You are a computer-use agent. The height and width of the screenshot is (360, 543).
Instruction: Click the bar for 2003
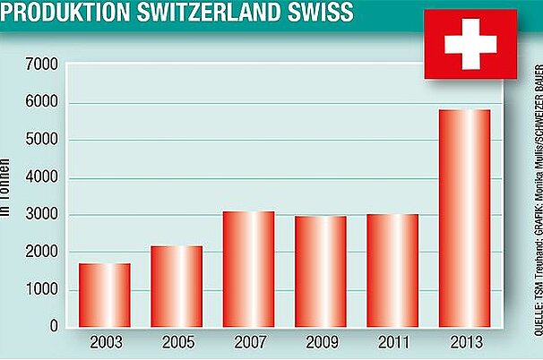point(104,296)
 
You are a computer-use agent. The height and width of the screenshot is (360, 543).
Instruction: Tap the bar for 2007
point(247,270)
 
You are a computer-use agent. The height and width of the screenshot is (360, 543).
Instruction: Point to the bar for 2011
point(392,271)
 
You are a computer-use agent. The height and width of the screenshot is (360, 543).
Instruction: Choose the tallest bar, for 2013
point(464,219)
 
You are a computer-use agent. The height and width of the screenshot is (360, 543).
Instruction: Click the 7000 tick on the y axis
point(41,64)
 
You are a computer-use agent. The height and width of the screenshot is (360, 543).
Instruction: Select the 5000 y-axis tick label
point(41,140)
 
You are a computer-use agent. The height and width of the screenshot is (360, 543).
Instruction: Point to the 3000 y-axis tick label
point(41,215)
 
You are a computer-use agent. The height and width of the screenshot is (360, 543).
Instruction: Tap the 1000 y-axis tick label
point(41,290)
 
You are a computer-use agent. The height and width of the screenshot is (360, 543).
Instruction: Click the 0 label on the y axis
point(54,327)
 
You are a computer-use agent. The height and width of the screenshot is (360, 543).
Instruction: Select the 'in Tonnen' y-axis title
point(5,188)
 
